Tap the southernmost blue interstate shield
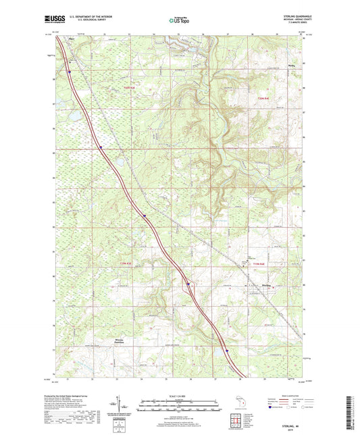pos(228,351)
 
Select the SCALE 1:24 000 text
pos(180,395)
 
